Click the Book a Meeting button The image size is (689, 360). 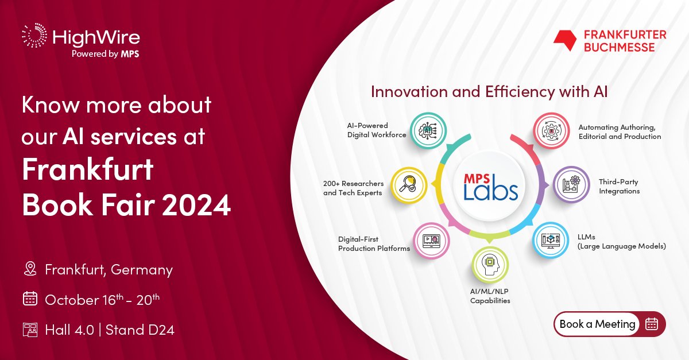597,324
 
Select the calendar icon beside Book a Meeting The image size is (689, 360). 651,324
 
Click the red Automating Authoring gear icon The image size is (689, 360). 552,131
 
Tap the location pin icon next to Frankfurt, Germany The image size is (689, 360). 30,269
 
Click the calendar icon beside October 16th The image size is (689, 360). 30,299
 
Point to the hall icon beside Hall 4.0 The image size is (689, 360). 30,330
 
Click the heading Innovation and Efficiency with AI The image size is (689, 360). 489,92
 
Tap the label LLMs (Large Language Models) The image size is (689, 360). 621,242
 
